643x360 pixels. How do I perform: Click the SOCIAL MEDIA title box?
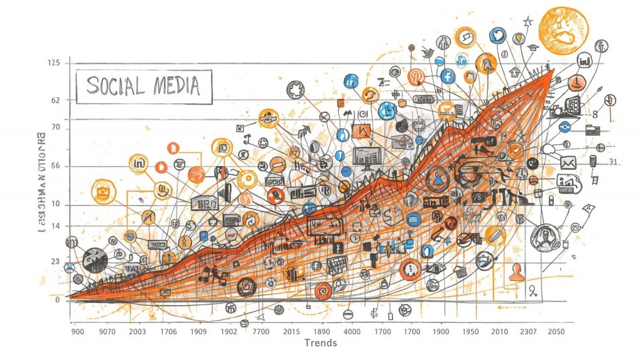[x=144, y=86]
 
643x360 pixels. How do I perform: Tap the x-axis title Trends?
[x=320, y=342]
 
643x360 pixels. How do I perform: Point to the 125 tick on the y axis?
[x=53, y=63]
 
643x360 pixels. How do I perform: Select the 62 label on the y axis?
[x=55, y=101]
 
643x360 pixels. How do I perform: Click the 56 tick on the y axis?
[x=55, y=166]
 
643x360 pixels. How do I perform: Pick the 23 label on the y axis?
[x=55, y=261]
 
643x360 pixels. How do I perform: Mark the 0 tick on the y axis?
[x=57, y=300]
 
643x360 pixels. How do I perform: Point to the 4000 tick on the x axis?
[x=352, y=331]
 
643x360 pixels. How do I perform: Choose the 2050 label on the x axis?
[x=555, y=331]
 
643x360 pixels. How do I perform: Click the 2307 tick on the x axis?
[x=527, y=331]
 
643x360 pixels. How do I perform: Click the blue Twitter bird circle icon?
[x=498, y=35]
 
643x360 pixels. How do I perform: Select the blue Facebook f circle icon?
[x=448, y=77]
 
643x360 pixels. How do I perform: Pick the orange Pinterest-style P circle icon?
[x=416, y=77]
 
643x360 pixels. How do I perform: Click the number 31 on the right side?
[x=613, y=162]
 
